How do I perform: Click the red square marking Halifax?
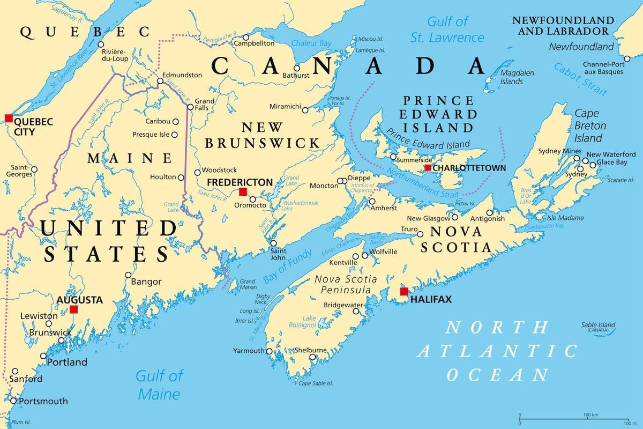click(404, 292)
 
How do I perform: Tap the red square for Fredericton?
click(243, 192)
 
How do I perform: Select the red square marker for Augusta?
click(73, 309)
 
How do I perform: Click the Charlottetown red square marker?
click(428, 168)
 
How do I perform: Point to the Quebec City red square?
click(8, 118)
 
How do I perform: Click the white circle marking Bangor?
click(128, 275)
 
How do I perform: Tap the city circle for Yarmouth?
click(270, 351)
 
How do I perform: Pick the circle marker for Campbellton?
click(246, 38)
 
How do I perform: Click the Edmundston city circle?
click(160, 82)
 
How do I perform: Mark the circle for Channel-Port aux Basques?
click(627, 59)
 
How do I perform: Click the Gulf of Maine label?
click(159, 384)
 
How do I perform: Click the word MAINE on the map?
click(130, 158)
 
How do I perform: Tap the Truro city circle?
click(420, 234)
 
